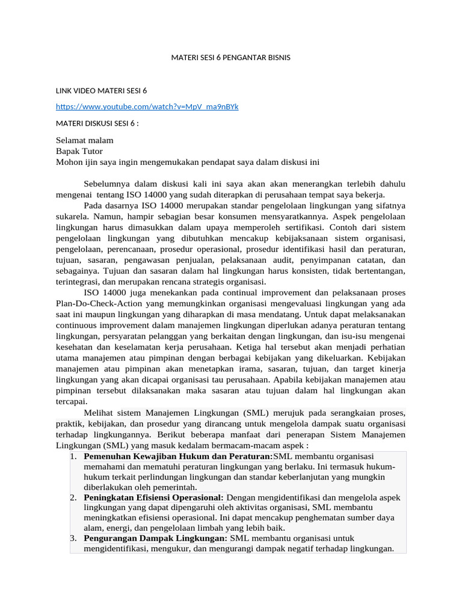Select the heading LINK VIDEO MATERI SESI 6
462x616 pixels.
(x=101, y=91)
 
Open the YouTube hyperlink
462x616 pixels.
(x=147, y=106)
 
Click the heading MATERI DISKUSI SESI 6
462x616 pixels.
(x=97, y=124)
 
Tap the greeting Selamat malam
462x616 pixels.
(x=84, y=140)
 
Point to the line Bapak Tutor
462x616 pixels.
(x=79, y=151)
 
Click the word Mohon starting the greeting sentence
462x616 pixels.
(x=69, y=162)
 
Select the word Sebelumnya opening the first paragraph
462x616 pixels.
(x=106, y=183)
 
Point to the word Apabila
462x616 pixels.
(x=291, y=380)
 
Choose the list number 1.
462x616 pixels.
(x=73, y=457)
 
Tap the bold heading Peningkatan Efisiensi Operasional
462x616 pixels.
(x=154, y=497)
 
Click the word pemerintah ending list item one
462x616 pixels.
(x=174, y=487)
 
